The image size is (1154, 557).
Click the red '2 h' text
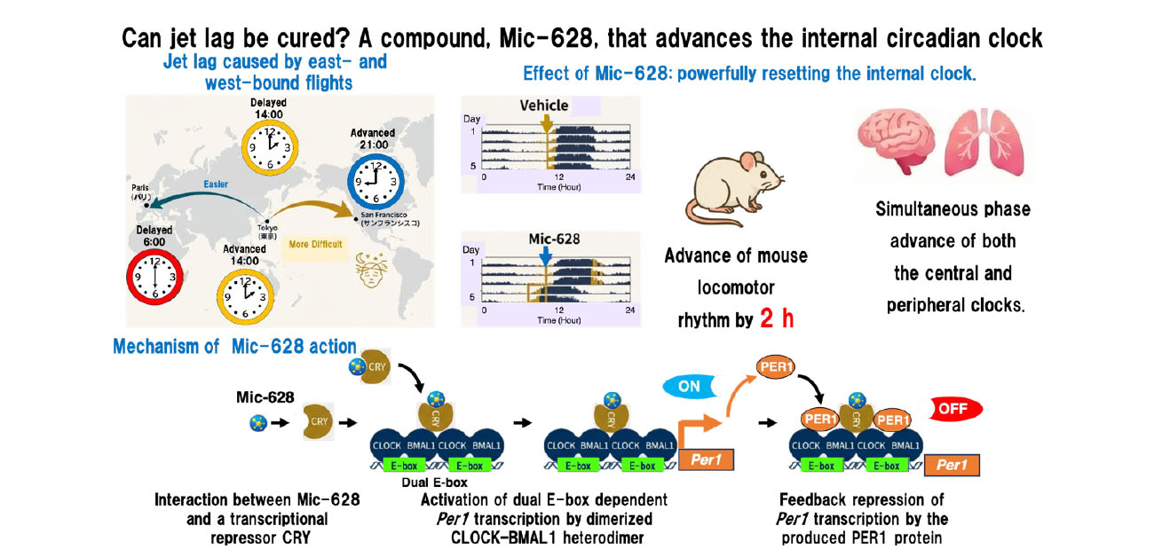tap(777, 318)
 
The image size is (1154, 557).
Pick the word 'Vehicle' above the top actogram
tap(544, 106)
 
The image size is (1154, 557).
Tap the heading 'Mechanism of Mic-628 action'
tap(234, 347)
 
